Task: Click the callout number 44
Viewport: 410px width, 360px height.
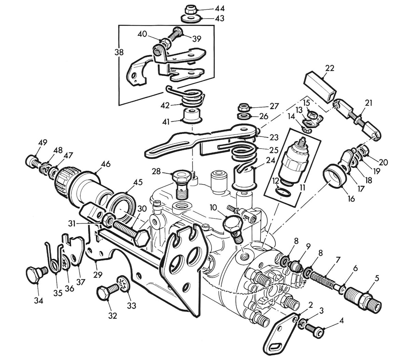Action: [219, 8]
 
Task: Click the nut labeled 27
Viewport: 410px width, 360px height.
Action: [243, 107]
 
